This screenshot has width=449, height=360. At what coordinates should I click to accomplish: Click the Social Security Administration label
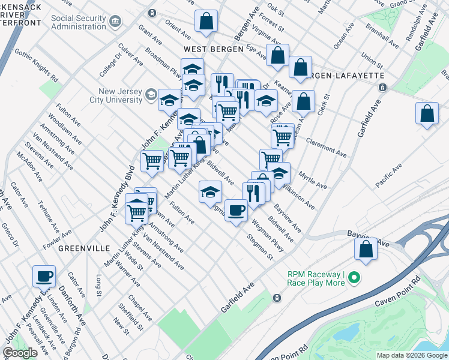(79, 22)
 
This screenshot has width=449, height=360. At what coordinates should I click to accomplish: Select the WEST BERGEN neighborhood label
(213, 49)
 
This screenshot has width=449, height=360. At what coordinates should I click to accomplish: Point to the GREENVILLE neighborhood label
(83, 248)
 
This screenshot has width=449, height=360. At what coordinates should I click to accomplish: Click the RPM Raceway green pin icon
(354, 277)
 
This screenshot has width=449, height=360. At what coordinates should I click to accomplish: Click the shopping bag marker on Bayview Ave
(366, 249)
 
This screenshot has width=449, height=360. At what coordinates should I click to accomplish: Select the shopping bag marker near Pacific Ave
(427, 113)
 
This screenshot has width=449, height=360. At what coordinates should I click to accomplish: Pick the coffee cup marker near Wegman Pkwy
(237, 210)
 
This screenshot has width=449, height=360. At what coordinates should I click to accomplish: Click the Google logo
(20, 353)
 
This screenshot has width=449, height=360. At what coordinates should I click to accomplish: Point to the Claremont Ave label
(326, 148)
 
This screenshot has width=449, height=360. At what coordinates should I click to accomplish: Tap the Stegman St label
(261, 247)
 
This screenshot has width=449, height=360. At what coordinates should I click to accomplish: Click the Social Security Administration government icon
(115, 22)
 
